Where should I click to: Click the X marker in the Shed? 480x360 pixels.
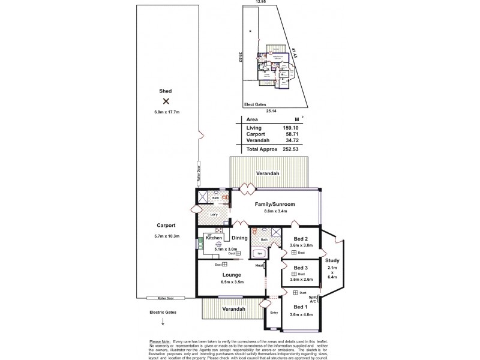(166, 101)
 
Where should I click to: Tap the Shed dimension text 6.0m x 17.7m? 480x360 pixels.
(166, 112)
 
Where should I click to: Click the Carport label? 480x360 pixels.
(166, 225)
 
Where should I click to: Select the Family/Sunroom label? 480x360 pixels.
(275, 204)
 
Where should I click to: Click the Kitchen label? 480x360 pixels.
(214, 238)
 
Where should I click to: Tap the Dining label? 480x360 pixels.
(240, 238)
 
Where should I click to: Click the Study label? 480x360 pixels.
(332, 260)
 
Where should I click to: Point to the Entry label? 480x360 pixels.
(274, 312)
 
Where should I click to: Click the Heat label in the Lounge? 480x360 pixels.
(259, 265)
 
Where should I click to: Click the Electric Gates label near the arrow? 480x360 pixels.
(164, 312)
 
